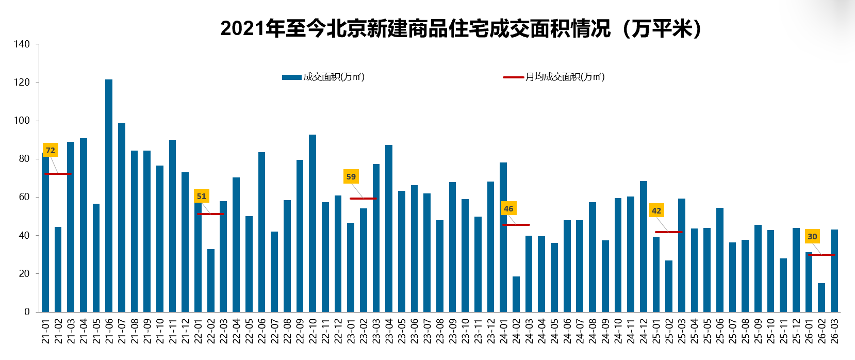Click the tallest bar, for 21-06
click(x=109, y=196)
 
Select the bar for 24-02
click(x=516, y=294)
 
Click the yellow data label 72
click(x=50, y=150)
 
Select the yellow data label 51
click(x=202, y=196)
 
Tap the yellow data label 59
click(x=351, y=176)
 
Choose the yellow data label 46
click(x=508, y=208)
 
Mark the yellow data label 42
click(x=656, y=210)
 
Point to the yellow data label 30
click(x=812, y=236)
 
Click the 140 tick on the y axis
click(x=22, y=44)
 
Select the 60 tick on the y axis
click(x=24, y=197)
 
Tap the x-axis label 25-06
click(x=720, y=331)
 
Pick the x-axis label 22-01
click(x=198, y=331)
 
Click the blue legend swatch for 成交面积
click(x=291, y=77)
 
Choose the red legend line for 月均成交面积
click(x=513, y=77)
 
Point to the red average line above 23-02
click(x=363, y=199)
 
